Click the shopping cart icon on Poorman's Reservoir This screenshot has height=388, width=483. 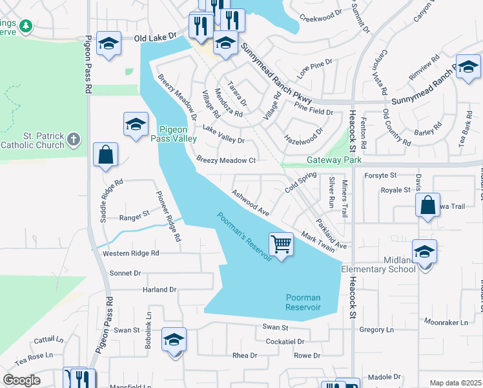pyautogui.click(x=281, y=244)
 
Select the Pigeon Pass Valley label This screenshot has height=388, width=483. pyautogui.click(x=173, y=134)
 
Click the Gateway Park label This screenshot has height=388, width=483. pyautogui.click(x=334, y=160)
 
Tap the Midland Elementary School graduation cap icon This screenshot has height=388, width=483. pyautogui.click(x=424, y=252)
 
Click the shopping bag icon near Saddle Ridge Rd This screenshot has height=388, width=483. pyautogui.click(x=105, y=155)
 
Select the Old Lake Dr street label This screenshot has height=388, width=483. pyautogui.click(x=155, y=39)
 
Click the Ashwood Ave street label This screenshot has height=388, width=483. pyautogui.click(x=251, y=202)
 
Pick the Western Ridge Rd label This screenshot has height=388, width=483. pyautogui.click(x=130, y=253)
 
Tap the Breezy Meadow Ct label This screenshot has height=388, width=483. pyautogui.click(x=226, y=160)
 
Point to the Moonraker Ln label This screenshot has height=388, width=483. pyautogui.click(x=445, y=321)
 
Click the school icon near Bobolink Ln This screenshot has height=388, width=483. pyautogui.click(x=174, y=339)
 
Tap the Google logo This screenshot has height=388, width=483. pyautogui.click(x=21, y=380)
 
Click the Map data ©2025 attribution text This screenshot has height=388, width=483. pyautogui.click(x=455, y=383)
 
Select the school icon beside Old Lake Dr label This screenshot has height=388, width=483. pyautogui.click(x=108, y=43)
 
